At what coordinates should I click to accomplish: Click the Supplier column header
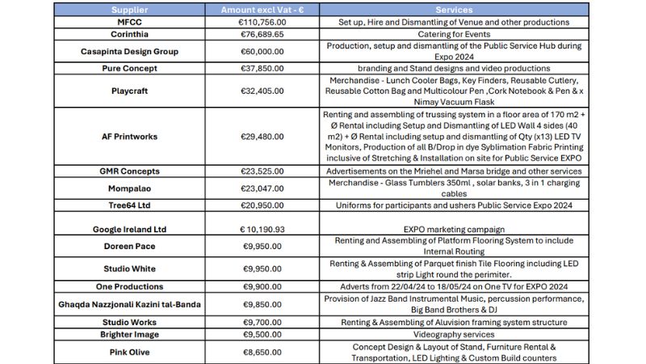pos(135,10)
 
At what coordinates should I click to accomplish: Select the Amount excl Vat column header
pos(263,10)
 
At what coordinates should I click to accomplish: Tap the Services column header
pos(454,10)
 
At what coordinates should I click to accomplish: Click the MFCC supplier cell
pos(135,22)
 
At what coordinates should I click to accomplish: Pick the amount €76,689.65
pos(263,35)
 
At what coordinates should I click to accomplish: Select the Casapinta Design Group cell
pos(135,52)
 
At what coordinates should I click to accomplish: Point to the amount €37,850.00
pos(263,69)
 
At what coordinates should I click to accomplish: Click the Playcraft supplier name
pos(135,91)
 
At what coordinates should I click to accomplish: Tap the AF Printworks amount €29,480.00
pos(263,137)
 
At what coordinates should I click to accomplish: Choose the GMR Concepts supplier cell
pos(135,171)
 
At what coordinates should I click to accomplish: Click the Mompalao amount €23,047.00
pos(263,188)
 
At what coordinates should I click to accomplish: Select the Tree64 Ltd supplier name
pos(135,205)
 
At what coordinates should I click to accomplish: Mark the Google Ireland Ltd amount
pos(263,229)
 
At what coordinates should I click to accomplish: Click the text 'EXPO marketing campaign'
pos(454,230)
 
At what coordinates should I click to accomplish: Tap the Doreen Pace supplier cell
pos(135,246)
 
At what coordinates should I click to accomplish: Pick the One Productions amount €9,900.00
pos(263,286)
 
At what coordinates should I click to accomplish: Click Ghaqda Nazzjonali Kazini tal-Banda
pos(135,304)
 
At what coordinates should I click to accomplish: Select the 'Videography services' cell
pos(454,334)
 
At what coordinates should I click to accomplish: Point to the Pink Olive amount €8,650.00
pos(263,352)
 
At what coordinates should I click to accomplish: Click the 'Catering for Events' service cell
pos(454,35)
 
